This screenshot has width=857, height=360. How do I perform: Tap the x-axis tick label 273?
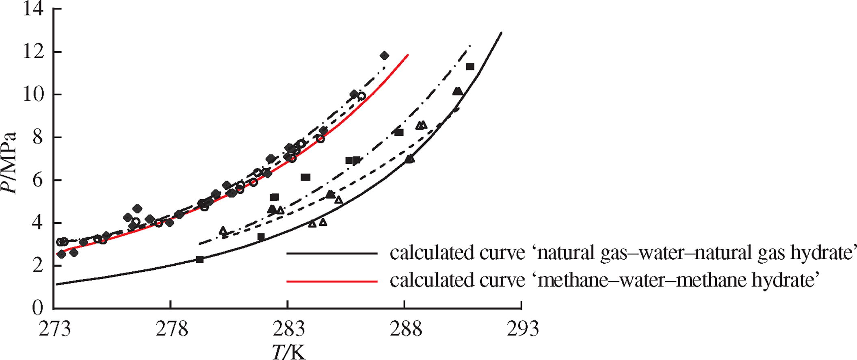tap(55, 329)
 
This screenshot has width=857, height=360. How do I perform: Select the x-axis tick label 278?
tap(171, 329)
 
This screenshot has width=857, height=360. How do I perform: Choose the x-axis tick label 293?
tap(522, 329)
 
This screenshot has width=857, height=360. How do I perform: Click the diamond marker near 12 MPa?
tap(384, 56)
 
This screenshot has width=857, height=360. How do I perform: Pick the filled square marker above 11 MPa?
tap(470, 67)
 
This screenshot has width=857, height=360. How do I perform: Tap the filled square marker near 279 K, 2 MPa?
tap(199, 260)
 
